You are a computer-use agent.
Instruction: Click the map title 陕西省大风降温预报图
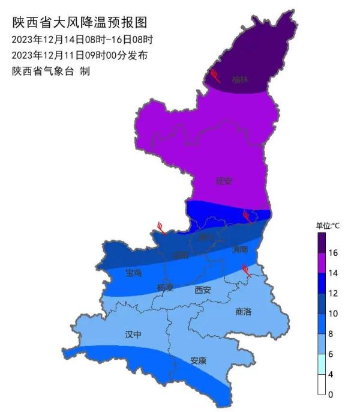pyautogui.click(x=79, y=23)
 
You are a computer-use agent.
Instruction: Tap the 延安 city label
pyautogui.click(x=224, y=180)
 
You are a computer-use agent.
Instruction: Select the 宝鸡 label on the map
pyautogui.click(x=133, y=273)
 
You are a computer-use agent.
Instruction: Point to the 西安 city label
pyautogui.click(x=203, y=290)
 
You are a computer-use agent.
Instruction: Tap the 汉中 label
pyautogui.click(x=133, y=334)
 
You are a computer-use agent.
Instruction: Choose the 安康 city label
pyautogui.click(x=198, y=361)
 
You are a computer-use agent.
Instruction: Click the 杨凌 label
pyautogui.click(x=165, y=288)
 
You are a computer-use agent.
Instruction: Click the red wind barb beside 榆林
pyautogui.click(x=214, y=75)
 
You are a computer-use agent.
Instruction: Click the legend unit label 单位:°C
pyautogui.click(x=328, y=226)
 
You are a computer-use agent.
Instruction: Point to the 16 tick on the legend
pyautogui.click(x=333, y=253)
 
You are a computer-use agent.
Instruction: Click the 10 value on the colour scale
pyautogui.click(x=333, y=314)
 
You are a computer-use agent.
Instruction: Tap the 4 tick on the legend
pyautogui.click(x=331, y=374)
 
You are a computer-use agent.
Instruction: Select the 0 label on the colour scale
pyautogui.click(x=331, y=395)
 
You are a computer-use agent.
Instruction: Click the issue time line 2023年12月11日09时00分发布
pyautogui.click(x=79, y=55)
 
